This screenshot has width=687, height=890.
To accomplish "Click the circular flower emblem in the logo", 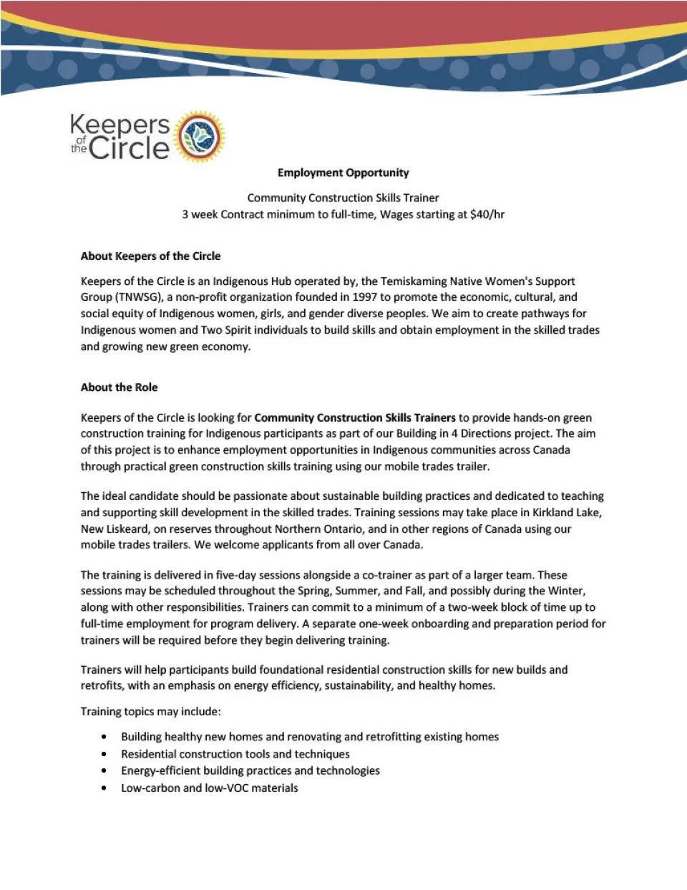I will pos(200,137).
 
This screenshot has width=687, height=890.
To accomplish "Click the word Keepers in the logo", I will pos(120,125).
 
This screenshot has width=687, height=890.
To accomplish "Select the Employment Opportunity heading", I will pos(343,173).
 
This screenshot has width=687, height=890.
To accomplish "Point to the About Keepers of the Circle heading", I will pos(150,256).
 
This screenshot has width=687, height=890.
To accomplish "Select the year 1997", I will pos(364,297).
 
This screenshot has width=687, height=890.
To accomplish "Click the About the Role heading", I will pos(119,387).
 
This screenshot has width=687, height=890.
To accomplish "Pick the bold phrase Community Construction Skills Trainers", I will pos(355,417).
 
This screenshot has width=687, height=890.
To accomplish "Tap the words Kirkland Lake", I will pos(567,513).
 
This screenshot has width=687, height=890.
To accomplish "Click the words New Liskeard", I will pos(114,529).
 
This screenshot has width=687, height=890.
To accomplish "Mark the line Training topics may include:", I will pos(150,711).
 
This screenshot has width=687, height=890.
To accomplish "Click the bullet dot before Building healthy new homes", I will pos(104,737).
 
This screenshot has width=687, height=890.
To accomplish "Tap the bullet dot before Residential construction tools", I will pos(104,754).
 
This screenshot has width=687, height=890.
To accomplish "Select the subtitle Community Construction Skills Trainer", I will pos(343,198).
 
